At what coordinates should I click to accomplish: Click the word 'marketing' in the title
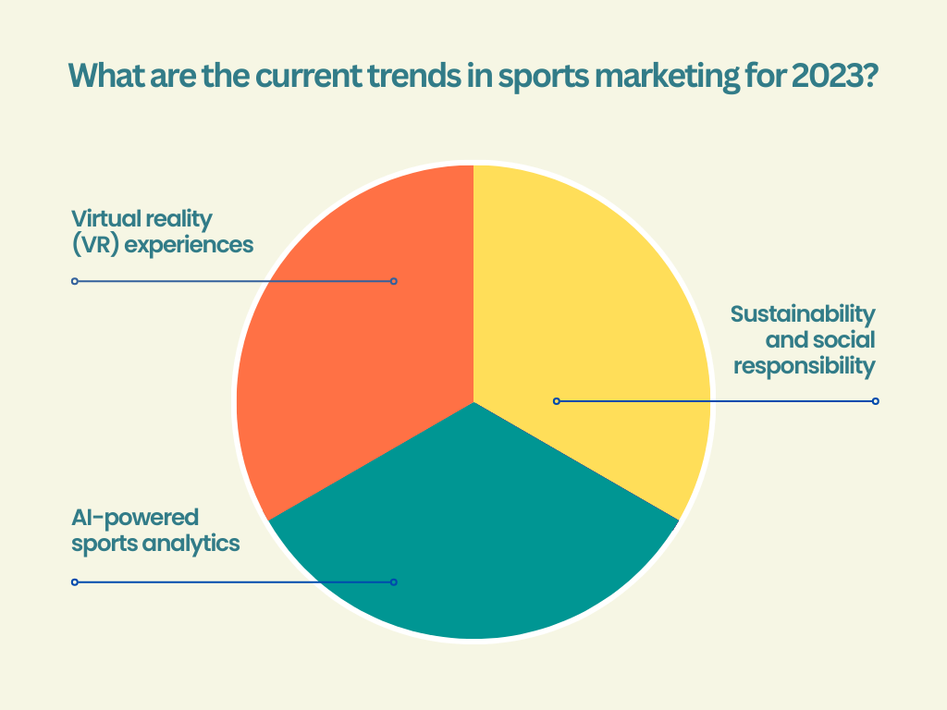[670, 77]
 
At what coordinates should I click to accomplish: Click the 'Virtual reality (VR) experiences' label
[163, 232]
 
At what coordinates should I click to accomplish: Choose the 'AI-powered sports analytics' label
[155, 530]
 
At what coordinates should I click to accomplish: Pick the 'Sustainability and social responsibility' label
[803, 339]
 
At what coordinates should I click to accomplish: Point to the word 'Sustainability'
[803, 313]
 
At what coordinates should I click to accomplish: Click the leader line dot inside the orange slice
[394, 281]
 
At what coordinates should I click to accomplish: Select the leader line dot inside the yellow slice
[557, 401]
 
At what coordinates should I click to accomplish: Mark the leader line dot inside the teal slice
[394, 582]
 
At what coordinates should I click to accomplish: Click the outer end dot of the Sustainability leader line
[876, 401]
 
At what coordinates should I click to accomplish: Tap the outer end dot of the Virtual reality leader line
[75, 281]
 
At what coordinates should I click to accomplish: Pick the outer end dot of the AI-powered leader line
[75, 582]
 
